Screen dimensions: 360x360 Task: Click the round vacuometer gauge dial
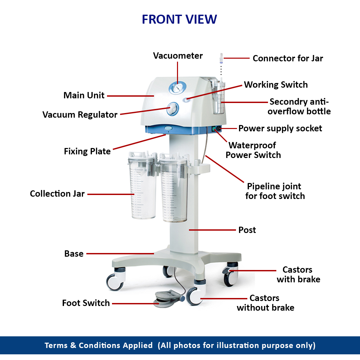click(x=177, y=88)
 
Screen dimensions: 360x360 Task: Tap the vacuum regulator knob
click(x=173, y=108)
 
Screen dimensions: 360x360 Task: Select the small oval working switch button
click(x=188, y=99)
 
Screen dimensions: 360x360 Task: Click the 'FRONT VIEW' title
click(x=179, y=19)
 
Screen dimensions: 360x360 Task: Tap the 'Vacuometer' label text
click(x=178, y=56)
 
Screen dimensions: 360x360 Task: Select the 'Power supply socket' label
click(x=280, y=128)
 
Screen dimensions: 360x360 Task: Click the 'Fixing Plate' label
click(x=87, y=151)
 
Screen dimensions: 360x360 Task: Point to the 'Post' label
click(x=247, y=230)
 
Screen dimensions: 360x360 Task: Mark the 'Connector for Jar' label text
click(x=288, y=58)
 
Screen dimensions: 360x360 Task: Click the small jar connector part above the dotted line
click(x=220, y=58)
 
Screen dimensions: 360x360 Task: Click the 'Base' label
click(x=74, y=254)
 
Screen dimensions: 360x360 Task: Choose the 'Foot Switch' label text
click(x=86, y=303)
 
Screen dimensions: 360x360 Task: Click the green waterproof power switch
click(x=214, y=129)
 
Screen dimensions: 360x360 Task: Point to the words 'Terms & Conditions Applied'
click(x=99, y=345)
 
